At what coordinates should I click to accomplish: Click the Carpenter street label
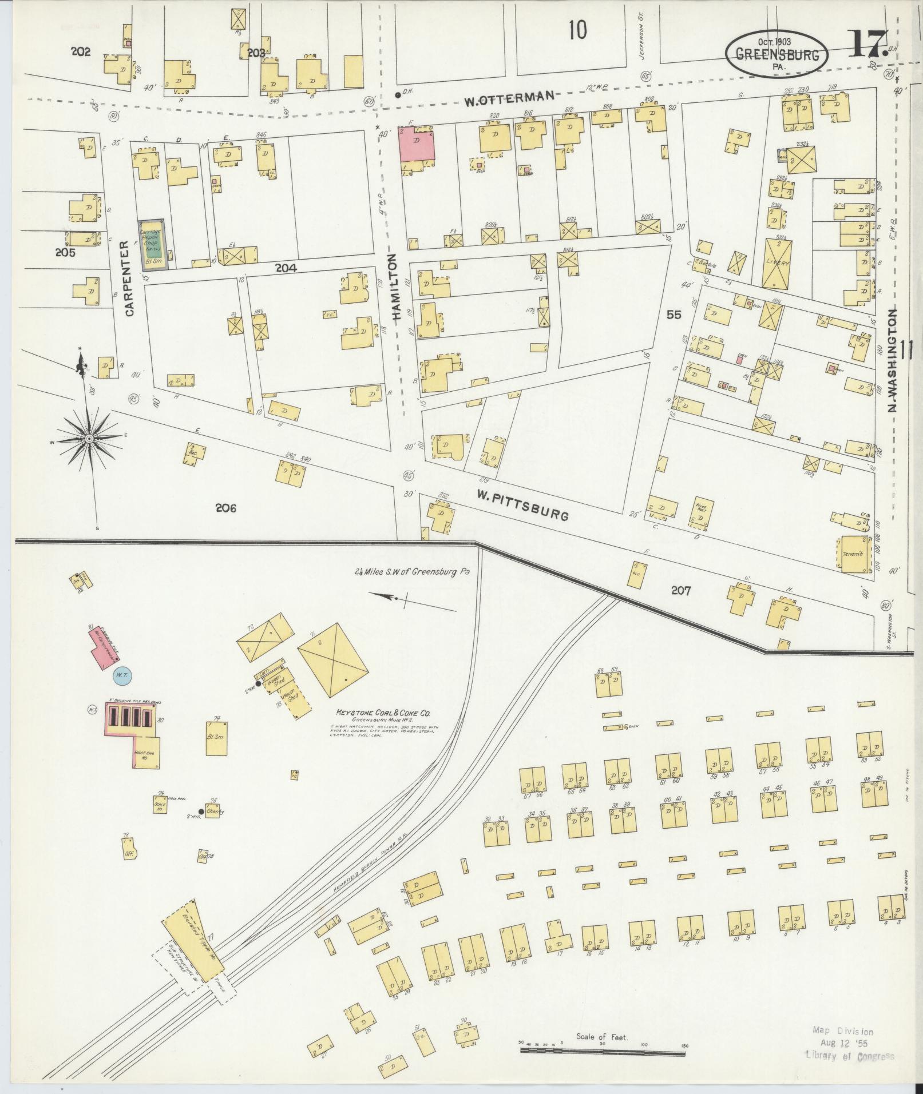(x=129, y=279)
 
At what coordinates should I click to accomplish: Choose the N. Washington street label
(x=892, y=361)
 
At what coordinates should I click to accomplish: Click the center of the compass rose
(x=89, y=438)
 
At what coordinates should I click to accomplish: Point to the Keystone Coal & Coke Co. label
(x=383, y=714)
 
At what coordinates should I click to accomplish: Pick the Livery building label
(x=779, y=262)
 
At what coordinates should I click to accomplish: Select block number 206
(x=225, y=508)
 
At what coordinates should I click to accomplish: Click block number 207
(x=681, y=591)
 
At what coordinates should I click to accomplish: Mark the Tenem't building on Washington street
(x=852, y=554)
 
